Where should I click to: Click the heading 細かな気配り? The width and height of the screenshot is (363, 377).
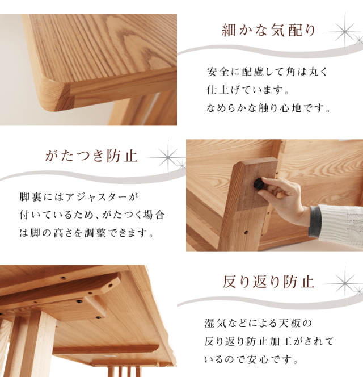[268, 30]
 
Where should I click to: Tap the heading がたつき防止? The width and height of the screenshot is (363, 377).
[91, 156]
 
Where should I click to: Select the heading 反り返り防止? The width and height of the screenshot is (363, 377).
[268, 281]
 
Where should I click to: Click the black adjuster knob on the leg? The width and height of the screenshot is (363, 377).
[259, 183]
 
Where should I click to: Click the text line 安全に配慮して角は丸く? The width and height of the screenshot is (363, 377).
[268, 73]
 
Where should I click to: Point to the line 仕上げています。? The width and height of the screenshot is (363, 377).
[248, 90]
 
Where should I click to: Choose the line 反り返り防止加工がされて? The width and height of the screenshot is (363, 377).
[269, 341]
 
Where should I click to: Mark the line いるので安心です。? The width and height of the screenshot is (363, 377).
[251, 359]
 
